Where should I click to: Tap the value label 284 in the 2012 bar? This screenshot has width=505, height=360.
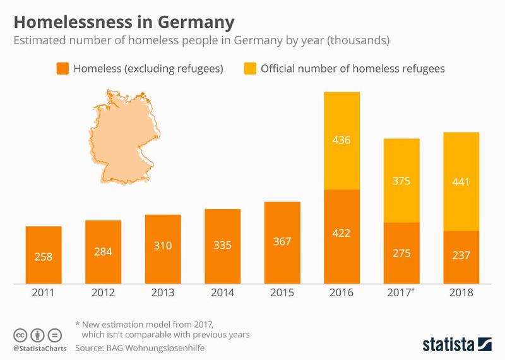tap(103, 252)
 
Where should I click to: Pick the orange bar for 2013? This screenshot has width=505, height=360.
tap(163, 249)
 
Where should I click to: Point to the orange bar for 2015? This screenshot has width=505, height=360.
tap(282, 243)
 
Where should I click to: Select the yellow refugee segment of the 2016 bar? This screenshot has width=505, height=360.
tap(342, 140)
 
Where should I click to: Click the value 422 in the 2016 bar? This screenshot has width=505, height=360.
tap(342, 232)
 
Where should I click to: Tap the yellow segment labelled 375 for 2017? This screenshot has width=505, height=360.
tap(401, 181)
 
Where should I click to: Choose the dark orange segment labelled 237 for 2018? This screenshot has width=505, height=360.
tap(461, 257)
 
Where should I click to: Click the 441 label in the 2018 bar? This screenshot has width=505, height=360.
tap(461, 182)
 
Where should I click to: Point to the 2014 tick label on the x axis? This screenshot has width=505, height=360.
tap(222, 293)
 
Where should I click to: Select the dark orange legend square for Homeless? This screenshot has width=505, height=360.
tap(62, 68)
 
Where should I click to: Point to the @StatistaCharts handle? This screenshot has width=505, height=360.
tap(39, 348)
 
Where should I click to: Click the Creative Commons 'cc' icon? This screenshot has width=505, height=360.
tap(21, 335)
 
